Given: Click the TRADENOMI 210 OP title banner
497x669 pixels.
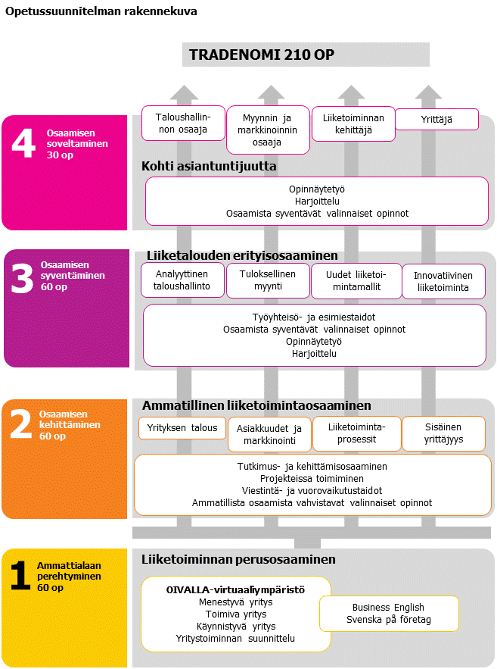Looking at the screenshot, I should pyautogui.click(x=306, y=55).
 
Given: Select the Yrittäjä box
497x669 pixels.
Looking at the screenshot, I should pyautogui.click(x=437, y=119).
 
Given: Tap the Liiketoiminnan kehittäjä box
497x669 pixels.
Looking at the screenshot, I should pyautogui.click(x=353, y=123).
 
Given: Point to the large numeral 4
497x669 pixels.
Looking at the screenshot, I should pyautogui.click(x=23, y=144).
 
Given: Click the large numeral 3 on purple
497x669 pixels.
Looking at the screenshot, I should pyautogui.click(x=23, y=278).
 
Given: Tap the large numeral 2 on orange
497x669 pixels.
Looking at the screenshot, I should pyautogui.click(x=21, y=425).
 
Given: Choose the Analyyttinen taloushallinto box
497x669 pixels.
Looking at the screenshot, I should pyautogui.click(x=182, y=280).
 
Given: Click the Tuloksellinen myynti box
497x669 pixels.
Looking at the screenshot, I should pyautogui.click(x=267, y=280).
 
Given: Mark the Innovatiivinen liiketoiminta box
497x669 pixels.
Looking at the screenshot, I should pyautogui.click(x=443, y=281).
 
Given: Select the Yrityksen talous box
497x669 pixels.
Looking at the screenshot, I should pyautogui.click(x=182, y=428).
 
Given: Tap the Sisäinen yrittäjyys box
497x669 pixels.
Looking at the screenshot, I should pyautogui.click(x=444, y=433).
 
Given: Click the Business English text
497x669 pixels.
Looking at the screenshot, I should pyautogui.click(x=388, y=607).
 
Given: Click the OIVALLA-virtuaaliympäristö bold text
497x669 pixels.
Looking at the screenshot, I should pyautogui.click(x=235, y=589).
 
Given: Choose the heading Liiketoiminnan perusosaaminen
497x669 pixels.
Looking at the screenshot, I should pyautogui.click(x=238, y=560).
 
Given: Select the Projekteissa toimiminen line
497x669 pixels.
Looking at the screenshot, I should pyautogui.click(x=312, y=478).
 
